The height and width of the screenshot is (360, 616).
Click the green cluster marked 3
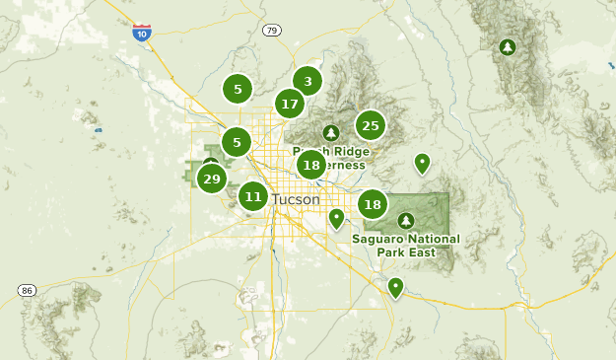click(308, 82)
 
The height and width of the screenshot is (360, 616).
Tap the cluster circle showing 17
click(289, 104)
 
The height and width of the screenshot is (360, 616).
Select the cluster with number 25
click(370, 125)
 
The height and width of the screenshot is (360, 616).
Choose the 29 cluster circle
click(211, 179)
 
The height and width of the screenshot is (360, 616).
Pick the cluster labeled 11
click(253, 196)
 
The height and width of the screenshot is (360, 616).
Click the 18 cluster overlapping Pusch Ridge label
click(311, 165)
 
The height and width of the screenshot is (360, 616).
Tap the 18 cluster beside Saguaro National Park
click(372, 204)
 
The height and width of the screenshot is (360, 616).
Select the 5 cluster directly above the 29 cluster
click(237, 142)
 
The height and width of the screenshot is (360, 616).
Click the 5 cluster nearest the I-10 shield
click(238, 89)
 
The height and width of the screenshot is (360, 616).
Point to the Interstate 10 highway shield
click(142, 32)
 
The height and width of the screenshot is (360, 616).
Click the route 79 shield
click(272, 31)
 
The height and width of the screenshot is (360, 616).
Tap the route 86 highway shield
click(27, 291)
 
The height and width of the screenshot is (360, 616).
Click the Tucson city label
click(295, 199)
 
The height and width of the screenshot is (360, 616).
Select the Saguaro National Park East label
click(405, 245)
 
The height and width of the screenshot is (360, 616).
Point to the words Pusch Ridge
click(331, 151)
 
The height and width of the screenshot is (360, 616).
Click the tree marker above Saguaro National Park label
click(405, 219)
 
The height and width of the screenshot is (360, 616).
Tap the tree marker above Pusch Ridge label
click(331, 132)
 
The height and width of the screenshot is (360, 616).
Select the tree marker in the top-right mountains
click(508, 46)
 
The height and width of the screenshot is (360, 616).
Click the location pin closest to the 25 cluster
click(422, 163)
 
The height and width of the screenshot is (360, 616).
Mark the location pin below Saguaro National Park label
click(395, 287)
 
